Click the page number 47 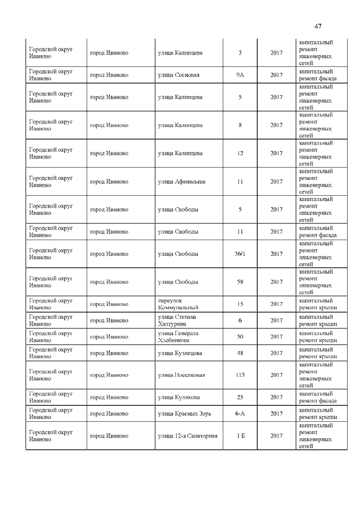click(318, 26)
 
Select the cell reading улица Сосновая click(178, 75)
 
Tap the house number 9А click(240, 75)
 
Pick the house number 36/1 click(240, 254)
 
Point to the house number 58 click(240, 282)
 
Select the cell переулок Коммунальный click(178, 304)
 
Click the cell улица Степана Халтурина click(177, 321)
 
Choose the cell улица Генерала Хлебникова click(178, 337)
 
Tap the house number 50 click(240, 337)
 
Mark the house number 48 click(240, 353)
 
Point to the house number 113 click(240, 375)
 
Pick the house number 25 click(240, 397)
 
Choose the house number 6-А click(240, 413)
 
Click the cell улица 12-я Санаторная click(187, 436)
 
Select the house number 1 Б click(240, 436)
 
